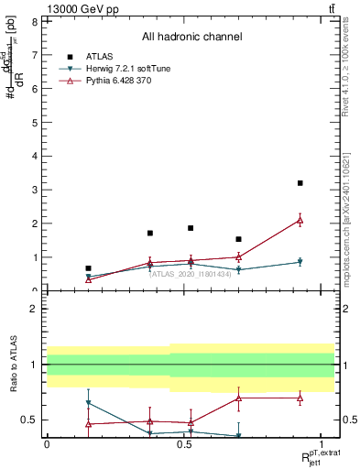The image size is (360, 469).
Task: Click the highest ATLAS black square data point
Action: coord(300,183)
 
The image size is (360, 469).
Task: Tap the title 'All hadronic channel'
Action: coord(191,38)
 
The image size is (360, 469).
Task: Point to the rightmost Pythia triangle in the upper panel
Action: coord(300,220)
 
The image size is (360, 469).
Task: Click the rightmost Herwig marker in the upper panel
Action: coord(300,262)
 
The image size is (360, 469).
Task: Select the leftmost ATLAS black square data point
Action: coord(88,268)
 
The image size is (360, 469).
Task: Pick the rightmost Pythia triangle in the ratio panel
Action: coord(300,398)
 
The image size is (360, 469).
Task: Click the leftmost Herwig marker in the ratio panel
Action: coord(88,403)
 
